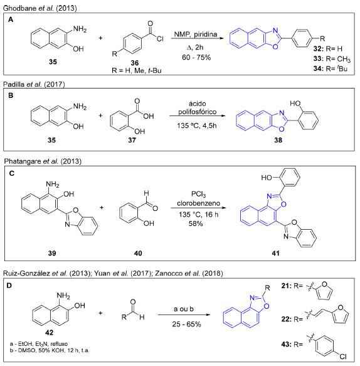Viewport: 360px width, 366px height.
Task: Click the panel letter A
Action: click(11, 19)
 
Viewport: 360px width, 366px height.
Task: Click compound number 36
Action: click(135, 63)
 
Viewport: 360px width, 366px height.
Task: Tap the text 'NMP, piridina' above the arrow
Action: click(196, 35)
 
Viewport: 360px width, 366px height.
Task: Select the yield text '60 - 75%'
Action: click(196, 57)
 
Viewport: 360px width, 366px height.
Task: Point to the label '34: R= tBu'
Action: click(330, 68)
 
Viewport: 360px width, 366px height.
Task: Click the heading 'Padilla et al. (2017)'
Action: click(34, 84)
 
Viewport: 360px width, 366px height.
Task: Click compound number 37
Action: click(132, 140)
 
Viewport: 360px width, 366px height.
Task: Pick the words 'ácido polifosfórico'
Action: click(198, 108)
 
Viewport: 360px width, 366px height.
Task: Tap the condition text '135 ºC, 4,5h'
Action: click(196, 126)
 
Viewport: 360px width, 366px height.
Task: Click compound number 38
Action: click(278, 140)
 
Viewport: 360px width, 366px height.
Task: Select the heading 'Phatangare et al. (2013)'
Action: click(43, 161)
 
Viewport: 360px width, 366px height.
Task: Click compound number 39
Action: click(52, 253)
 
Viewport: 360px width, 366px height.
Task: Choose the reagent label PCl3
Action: click(198, 194)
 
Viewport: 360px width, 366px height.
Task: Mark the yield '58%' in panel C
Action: click(196, 223)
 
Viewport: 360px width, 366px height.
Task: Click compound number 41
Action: click(275, 253)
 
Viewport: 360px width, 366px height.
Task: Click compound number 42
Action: click(49, 332)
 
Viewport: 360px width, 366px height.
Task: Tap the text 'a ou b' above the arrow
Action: click(184, 309)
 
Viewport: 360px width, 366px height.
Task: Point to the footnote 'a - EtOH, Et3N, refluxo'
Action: click(39, 344)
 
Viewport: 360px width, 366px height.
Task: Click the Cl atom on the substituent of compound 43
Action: click(343, 357)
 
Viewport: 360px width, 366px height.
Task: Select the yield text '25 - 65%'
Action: click(186, 324)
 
